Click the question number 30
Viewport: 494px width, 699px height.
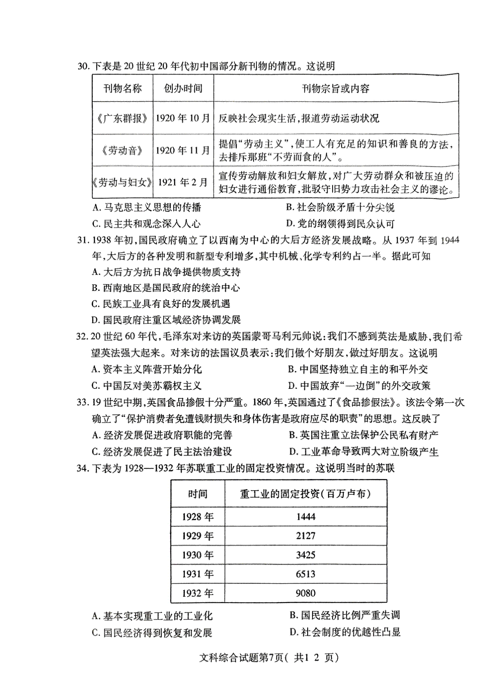pos(84,66)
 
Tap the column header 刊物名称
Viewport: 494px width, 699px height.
pos(122,88)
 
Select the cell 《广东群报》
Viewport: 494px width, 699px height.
pos(122,118)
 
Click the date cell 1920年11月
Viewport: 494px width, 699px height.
pos(183,150)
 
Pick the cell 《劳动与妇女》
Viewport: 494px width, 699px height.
pos(122,182)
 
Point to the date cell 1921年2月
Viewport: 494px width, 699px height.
pos(183,182)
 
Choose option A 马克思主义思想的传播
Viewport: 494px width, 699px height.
pos(147,207)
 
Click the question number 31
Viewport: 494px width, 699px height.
pos(84,240)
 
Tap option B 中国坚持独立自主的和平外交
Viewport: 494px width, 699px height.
pos(357,369)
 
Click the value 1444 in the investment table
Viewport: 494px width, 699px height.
pos(305,517)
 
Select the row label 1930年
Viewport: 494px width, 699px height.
pos(198,555)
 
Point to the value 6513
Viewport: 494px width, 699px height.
pos(305,574)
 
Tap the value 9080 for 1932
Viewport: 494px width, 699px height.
pos(305,593)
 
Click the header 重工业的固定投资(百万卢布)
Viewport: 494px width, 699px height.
pos(305,494)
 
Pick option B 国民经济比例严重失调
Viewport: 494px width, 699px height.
pos(345,615)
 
